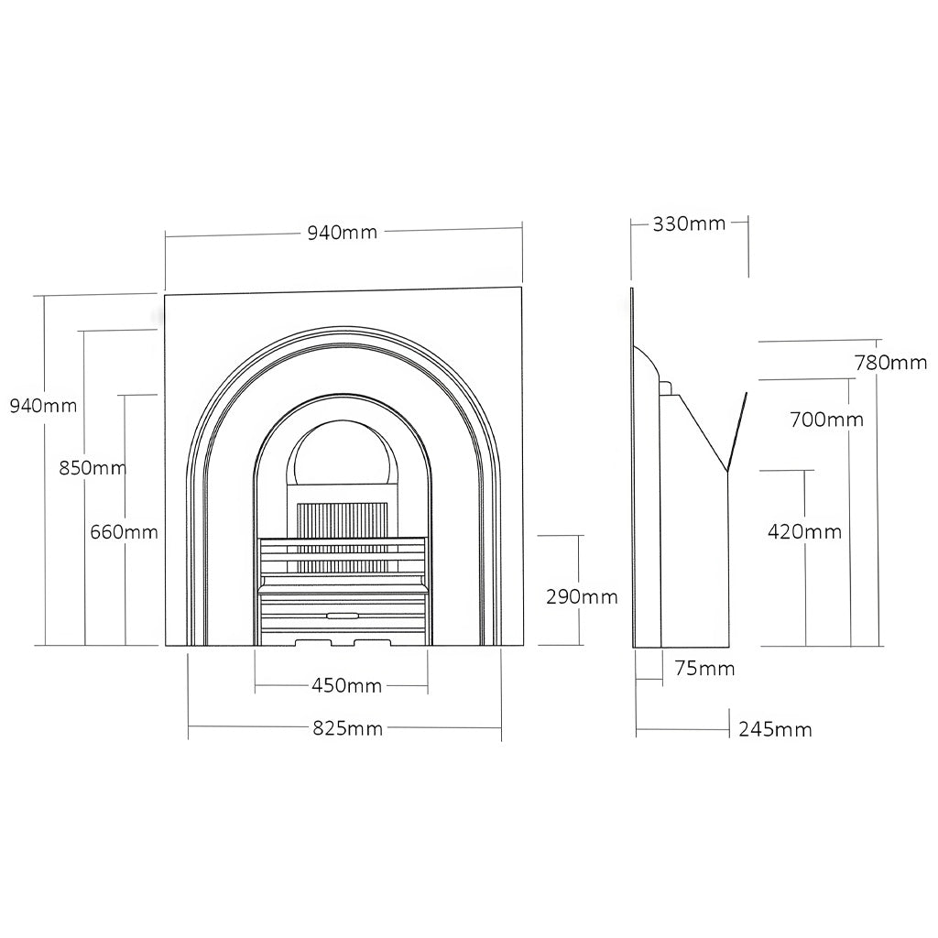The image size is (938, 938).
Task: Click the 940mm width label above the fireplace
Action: pyautogui.click(x=343, y=232)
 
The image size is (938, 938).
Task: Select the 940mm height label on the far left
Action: pyautogui.click(x=44, y=406)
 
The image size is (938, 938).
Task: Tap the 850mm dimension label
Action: pyautogui.click(x=93, y=467)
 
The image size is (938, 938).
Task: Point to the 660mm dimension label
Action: pyautogui.click(x=124, y=532)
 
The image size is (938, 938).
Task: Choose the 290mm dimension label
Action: pyautogui.click(x=582, y=596)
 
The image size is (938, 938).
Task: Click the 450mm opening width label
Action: pyautogui.click(x=346, y=685)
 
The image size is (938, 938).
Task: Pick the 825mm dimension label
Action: pyautogui.click(x=347, y=728)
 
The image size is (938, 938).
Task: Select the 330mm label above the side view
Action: pyautogui.click(x=689, y=224)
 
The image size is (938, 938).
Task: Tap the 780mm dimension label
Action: pyautogui.click(x=890, y=363)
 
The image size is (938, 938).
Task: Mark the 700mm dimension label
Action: pyautogui.click(x=827, y=420)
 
